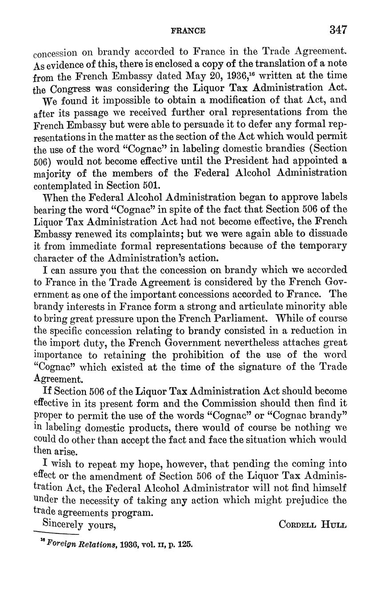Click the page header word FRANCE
[x=188, y=31]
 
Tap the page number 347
[x=338, y=30]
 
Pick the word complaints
[x=152, y=233]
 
